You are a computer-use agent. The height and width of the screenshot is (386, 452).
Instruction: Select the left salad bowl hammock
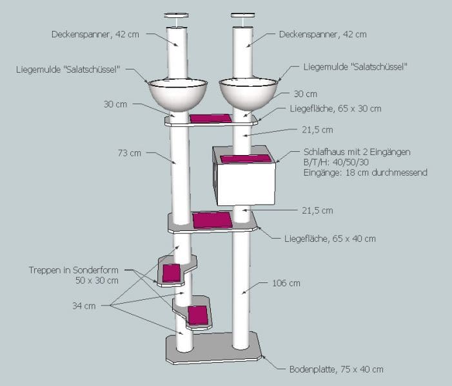178,93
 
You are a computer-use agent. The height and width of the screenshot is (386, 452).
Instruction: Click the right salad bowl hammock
248,93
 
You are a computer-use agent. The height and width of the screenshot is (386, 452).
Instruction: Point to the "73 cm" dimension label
130,153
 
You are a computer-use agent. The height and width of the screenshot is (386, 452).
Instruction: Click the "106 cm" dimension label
286,282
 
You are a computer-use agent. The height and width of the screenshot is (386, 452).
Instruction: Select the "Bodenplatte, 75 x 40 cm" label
337,369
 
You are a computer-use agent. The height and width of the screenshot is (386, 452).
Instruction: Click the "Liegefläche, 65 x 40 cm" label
329,239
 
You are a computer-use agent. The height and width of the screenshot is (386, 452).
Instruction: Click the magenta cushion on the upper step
172,273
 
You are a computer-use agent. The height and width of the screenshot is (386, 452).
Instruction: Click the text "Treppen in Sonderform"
74,270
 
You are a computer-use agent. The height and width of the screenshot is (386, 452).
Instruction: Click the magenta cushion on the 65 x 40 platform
211,220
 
